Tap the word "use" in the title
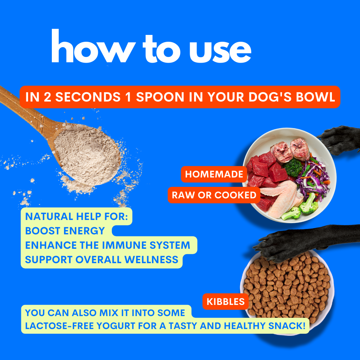220,51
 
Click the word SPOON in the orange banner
160,97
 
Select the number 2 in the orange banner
48,97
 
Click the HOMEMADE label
214,174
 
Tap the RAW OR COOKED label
214,195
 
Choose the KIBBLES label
225,302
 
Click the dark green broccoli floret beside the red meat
292,167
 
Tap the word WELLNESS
151,260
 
